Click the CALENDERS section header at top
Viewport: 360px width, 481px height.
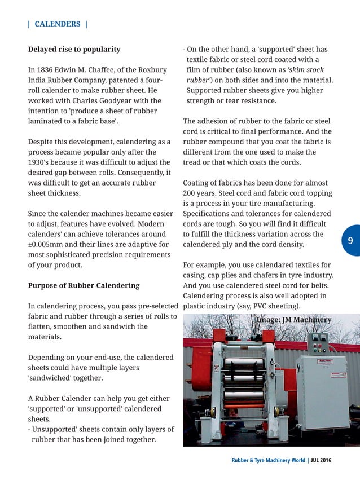point(58,24)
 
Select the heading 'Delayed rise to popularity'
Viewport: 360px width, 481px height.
point(74,49)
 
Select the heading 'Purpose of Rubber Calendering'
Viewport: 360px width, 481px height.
point(84,285)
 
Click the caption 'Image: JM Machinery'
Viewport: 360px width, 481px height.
point(293,320)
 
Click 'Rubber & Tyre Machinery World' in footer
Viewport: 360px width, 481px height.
point(268,460)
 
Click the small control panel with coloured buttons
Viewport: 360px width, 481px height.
point(317,343)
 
